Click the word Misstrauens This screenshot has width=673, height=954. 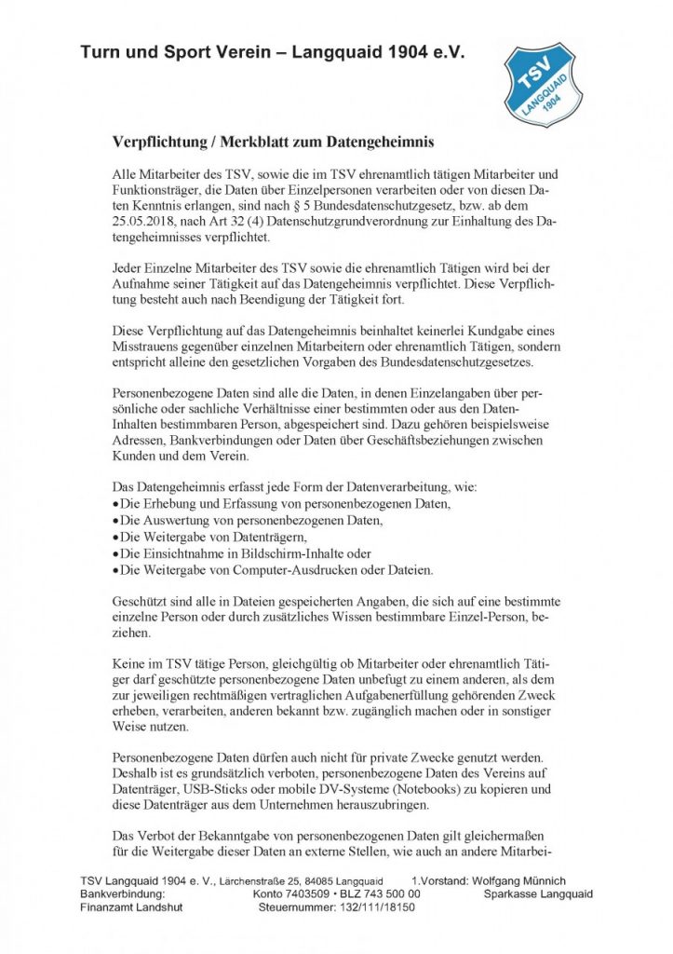146,346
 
